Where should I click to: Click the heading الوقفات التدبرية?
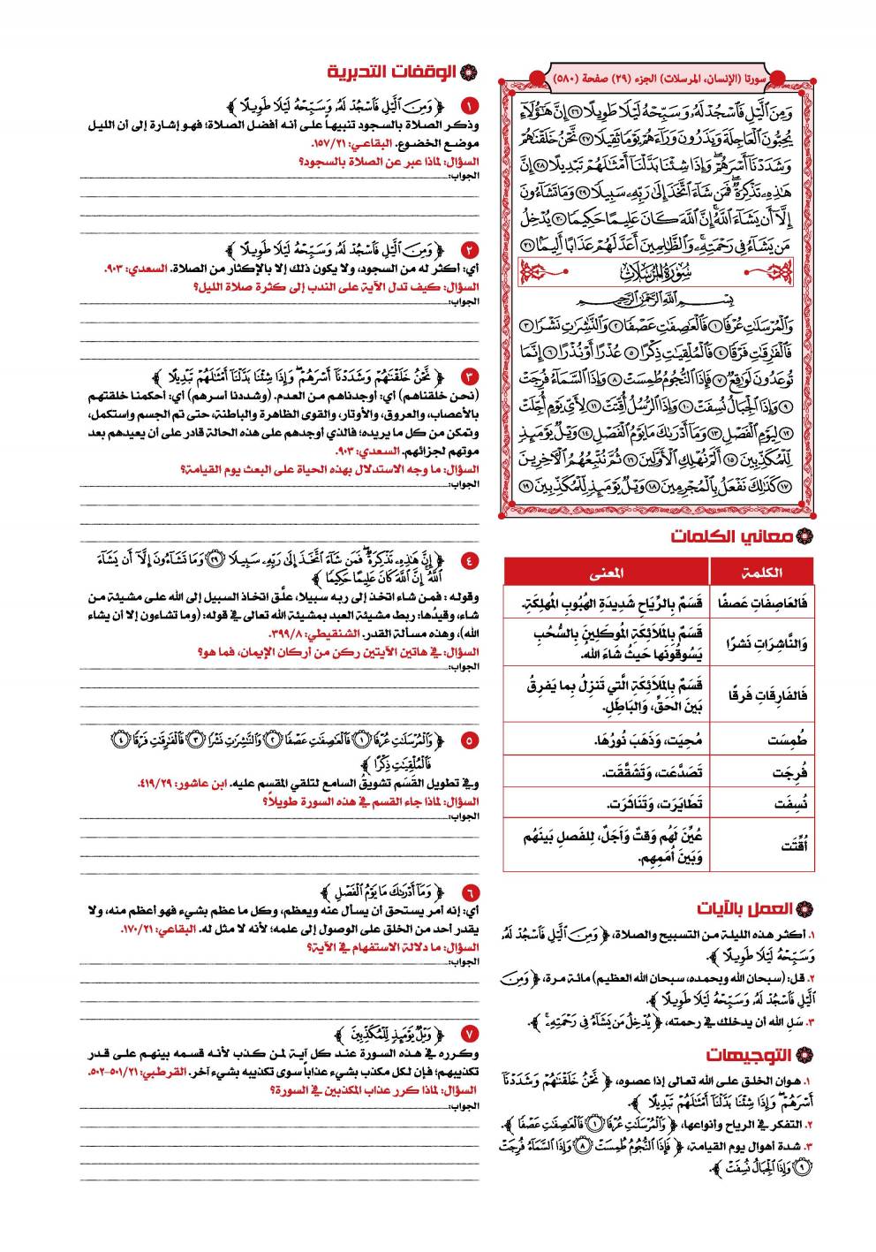click(393, 72)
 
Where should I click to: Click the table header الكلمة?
click(763, 572)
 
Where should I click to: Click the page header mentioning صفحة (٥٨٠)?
click(658, 79)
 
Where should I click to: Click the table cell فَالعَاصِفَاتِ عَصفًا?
click(765, 603)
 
